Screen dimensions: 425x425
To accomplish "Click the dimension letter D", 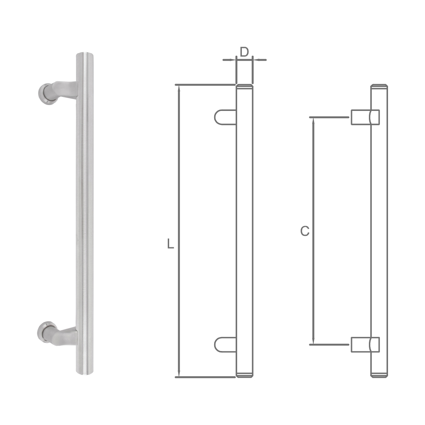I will pyautogui.click(x=244, y=52).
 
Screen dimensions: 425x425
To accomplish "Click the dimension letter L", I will pyautogui.click(x=170, y=244).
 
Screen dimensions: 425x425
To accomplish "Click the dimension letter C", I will pyautogui.click(x=305, y=232).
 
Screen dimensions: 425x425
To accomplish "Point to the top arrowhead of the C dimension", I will pyautogui.click(x=314, y=120).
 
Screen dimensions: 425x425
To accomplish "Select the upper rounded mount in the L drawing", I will pyautogui.click(x=224, y=117).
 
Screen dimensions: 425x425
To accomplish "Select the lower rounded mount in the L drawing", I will pyautogui.click(x=224, y=344).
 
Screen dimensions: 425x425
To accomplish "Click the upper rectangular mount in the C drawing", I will pyautogui.click(x=360, y=117).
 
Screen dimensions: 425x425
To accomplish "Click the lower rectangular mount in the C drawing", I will pyautogui.click(x=360, y=344).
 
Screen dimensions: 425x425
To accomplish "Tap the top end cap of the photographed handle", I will pyautogui.click(x=85, y=57).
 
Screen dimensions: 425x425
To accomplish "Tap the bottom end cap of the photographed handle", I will pyautogui.click(x=85, y=371).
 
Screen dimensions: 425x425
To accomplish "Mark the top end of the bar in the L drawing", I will pyautogui.click(x=244, y=87).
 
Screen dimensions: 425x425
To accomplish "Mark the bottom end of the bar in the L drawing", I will pyautogui.click(x=244, y=375).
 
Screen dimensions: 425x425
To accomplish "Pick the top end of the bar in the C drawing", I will pyautogui.click(x=379, y=87).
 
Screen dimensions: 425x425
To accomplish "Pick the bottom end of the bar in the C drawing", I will pyautogui.click(x=379, y=375).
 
